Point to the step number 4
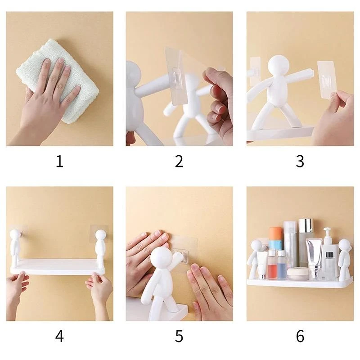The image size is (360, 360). point(59,336)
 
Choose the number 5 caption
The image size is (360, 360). point(179,336)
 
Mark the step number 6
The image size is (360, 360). point(300,336)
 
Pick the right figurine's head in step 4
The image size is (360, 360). point(101,235)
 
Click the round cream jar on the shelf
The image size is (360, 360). point(296,274)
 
